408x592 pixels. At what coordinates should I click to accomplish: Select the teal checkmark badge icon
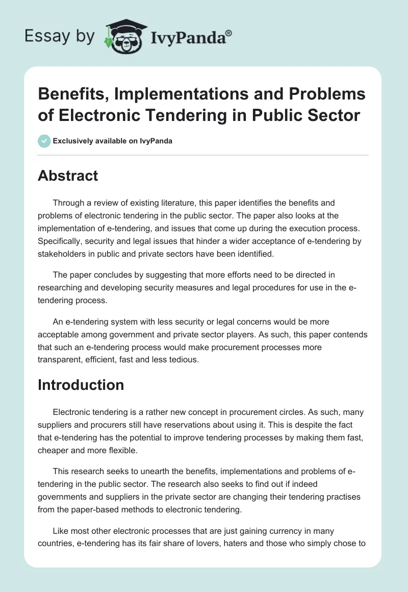tap(44, 141)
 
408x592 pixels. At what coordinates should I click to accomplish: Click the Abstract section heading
tap(68, 176)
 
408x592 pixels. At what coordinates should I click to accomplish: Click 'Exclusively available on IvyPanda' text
tap(113, 141)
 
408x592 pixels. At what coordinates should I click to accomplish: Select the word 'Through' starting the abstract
tap(68, 203)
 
